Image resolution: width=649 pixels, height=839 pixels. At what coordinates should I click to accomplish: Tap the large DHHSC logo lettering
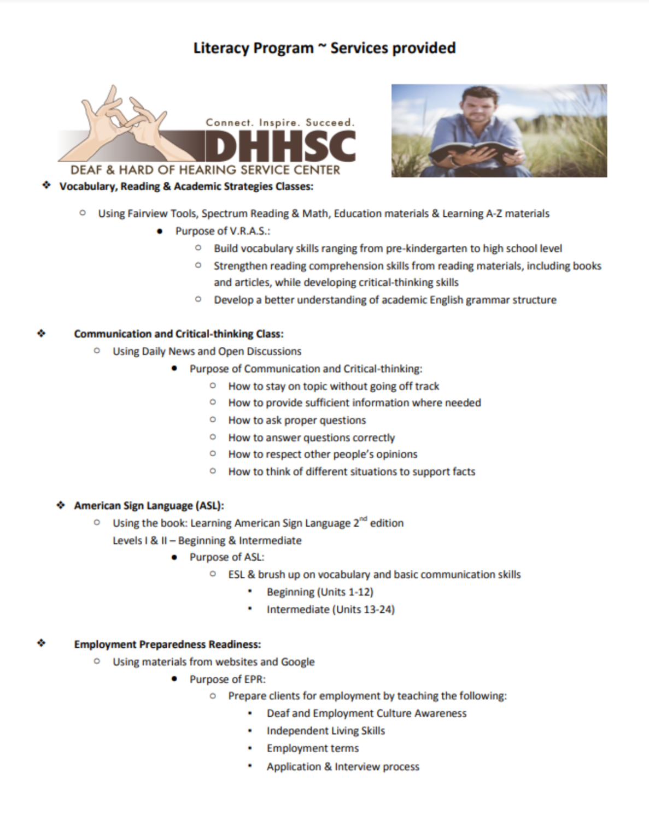click(x=282, y=146)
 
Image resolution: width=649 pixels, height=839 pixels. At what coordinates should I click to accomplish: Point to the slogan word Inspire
click(x=279, y=122)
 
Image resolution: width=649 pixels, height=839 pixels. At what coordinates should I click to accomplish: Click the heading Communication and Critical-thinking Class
click(x=179, y=334)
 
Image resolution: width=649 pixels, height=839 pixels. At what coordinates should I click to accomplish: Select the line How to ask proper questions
click(x=297, y=420)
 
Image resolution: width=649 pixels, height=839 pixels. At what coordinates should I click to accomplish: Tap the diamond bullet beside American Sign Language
click(x=61, y=505)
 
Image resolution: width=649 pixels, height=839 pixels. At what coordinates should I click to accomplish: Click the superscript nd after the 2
click(x=364, y=519)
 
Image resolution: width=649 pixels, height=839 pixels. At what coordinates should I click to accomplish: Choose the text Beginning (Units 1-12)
click(x=320, y=592)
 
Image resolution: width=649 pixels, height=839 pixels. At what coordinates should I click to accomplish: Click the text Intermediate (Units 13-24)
click(x=330, y=610)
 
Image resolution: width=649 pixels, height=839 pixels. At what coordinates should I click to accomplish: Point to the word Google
click(x=297, y=662)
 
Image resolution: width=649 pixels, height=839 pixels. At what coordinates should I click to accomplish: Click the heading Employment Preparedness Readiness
click(x=167, y=645)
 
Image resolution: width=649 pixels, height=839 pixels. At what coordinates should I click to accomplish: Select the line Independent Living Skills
click(x=325, y=731)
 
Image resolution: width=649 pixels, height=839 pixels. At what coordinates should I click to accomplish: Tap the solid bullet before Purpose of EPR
click(x=174, y=679)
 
